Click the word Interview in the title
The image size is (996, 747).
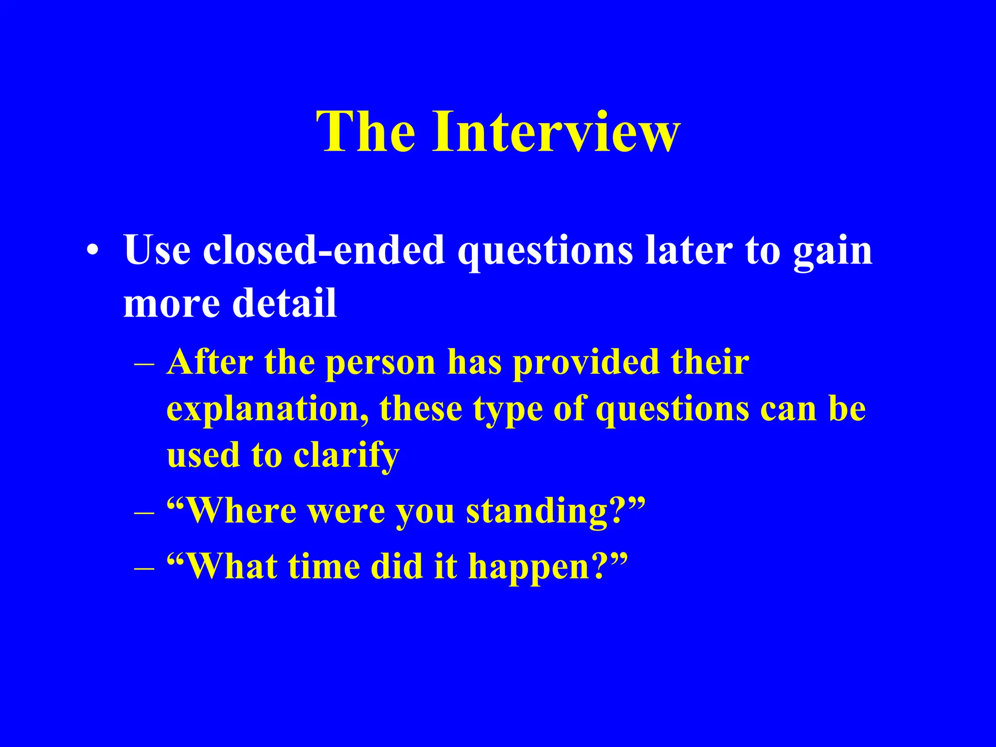click(556, 132)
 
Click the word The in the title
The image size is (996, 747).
click(366, 132)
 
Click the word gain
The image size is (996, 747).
click(833, 252)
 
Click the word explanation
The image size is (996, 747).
click(267, 409)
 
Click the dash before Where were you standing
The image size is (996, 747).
click(144, 513)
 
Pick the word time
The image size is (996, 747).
click(324, 567)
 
